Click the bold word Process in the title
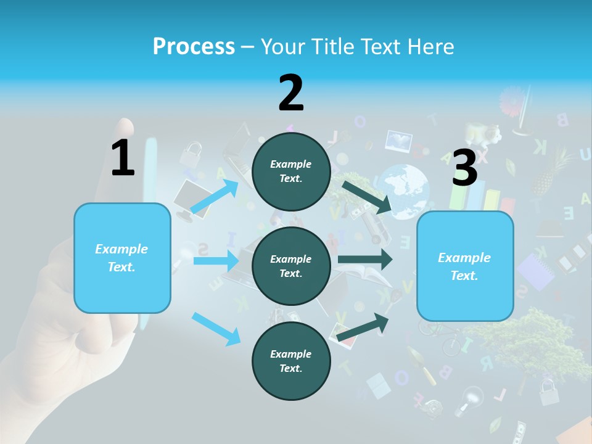(194, 46)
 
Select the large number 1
(123, 158)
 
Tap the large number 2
(291, 92)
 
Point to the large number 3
(465, 168)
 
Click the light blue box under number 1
(122, 258)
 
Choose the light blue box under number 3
(465, 266)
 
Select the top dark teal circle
(291, 171)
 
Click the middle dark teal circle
(291, 266)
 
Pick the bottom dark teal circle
(291, 361)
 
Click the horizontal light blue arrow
(216, 261)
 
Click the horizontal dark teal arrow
(365, 259)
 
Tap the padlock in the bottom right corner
(548, 392)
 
